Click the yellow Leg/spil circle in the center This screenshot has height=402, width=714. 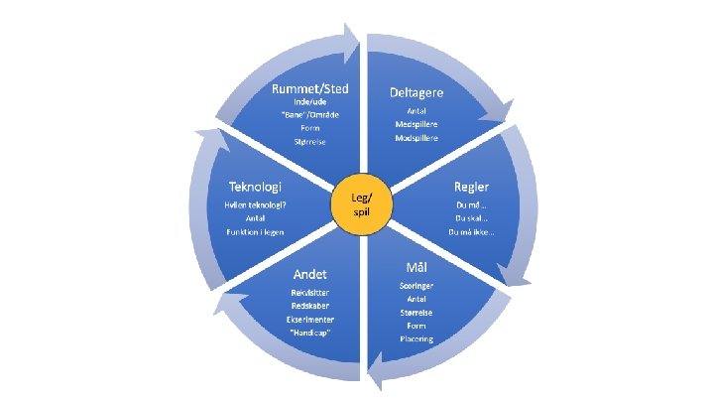point(357,202)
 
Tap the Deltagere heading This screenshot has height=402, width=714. point(416,91)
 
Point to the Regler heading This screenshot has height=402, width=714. point(471,186)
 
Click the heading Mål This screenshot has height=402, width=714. point(417,267)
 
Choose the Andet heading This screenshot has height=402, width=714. point(309,272)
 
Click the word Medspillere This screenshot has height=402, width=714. point(416,125)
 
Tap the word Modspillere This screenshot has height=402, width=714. point(416,139)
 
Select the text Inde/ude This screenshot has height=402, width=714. point(310,100)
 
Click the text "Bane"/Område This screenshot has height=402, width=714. point(310,114)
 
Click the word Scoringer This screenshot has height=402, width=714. point(417,286)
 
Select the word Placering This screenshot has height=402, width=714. point(417,337)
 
